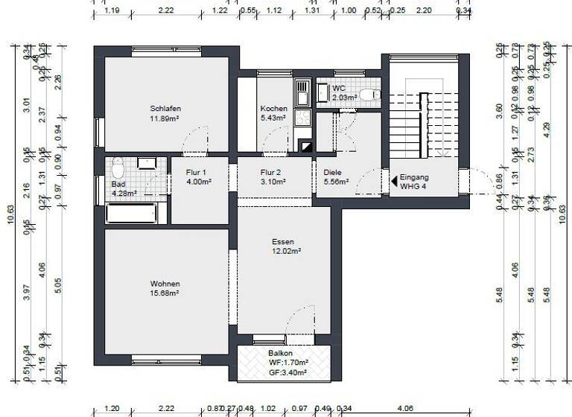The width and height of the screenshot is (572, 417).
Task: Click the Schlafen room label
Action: click(165, 109)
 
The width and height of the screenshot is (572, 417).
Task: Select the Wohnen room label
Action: click(165, 284)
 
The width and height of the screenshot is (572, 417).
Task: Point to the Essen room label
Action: click(282, 242)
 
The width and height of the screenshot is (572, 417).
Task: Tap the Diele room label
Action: click(332, 171)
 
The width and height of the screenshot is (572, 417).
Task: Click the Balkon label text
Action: click(281, 354)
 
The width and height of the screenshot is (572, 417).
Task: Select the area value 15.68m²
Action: click(165, 293)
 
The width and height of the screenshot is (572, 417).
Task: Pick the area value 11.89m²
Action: click(165, 118)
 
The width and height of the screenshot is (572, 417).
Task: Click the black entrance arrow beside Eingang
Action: click(394, 180)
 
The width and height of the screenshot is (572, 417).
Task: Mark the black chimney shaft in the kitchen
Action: click(305, 146)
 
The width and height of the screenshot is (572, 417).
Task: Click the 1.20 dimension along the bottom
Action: click(112, 409)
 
